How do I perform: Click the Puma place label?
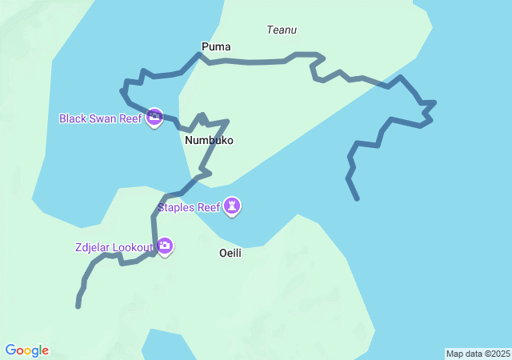[x=216, y=46]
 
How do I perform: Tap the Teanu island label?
[x=282, y=30]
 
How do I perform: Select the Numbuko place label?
[x=209, y=140]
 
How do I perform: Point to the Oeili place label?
[x=230, y=252]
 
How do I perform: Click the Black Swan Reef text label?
[x=101, y=119]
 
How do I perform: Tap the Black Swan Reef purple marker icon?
[x=154, y=118]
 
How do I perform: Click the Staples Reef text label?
[x=189, y=208]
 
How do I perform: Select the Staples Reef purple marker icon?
[x=233, y=207]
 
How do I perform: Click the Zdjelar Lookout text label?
[x=115, y=247]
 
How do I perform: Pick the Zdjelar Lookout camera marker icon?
[x=165, y=246]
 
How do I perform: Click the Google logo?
[x=26, y=350]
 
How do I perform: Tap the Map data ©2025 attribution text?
[x=478, y=354]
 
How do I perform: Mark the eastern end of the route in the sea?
[x=357, y=198]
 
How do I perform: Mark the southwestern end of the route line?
[x=78, y=306]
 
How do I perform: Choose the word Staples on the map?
[x=176, y=208]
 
